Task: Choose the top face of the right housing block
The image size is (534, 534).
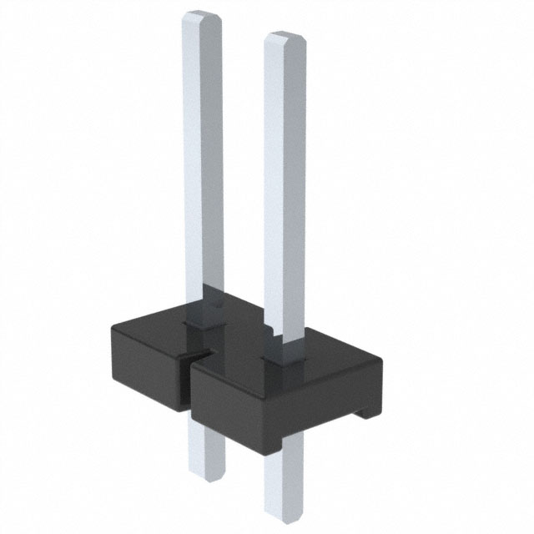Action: pos(325,355)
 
